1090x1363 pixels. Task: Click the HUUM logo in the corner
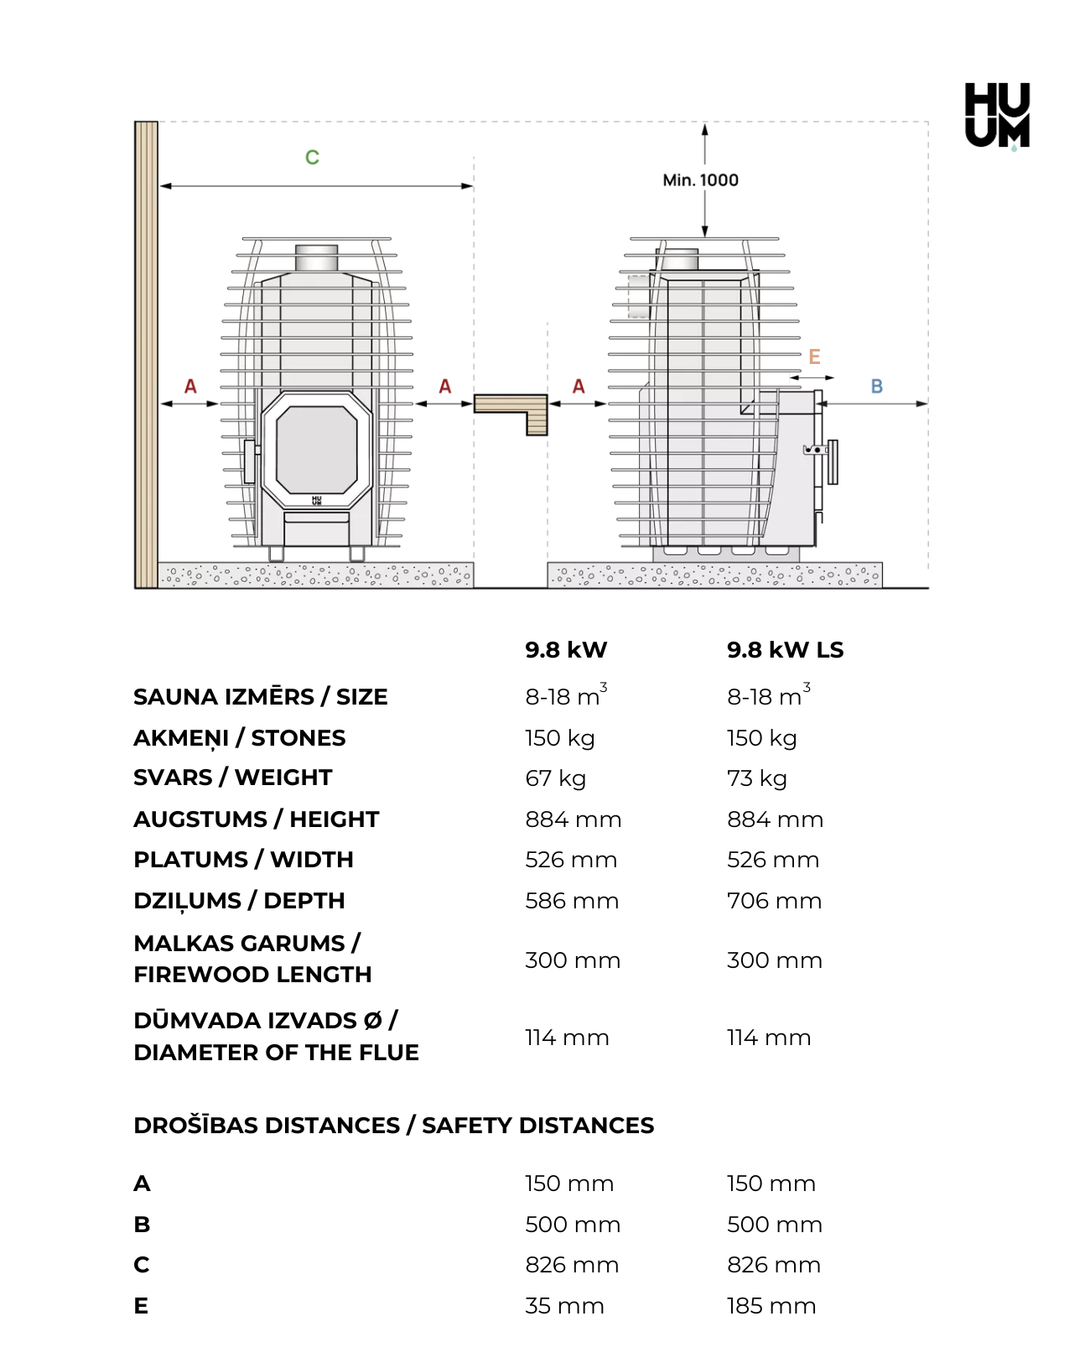click(x=997, y=116)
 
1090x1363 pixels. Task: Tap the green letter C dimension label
click(x=312, y=157)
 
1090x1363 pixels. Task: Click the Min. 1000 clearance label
click(x=700, y=180)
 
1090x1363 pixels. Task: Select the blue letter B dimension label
click(x=876, y=387)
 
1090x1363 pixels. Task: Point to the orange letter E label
click(x=814, y=356)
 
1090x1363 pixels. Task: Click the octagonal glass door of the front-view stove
click(x=317, y=449)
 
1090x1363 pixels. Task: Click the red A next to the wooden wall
click(x=190, y=387)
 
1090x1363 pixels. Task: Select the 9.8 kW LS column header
click(x=785, y=650)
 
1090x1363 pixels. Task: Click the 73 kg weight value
click(x=756, y=778)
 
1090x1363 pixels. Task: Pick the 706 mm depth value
click(x=774, y=901)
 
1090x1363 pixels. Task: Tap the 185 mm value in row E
click(x=771, y=1306)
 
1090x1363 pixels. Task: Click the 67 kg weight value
click(x=555, y=778)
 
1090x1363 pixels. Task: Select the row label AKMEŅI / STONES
click(x=239, y=738)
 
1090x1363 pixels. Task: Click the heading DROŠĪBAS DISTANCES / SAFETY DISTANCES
click(x=393, y=1126)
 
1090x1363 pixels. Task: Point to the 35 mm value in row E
click(x=564, y=1306)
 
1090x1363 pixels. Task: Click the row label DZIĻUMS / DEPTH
click(x=239, y=901)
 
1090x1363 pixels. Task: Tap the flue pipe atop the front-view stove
click(x=317, y=258)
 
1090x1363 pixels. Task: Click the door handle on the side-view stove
click(x=832, y=461)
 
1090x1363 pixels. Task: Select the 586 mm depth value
click(x=572, y=901)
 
